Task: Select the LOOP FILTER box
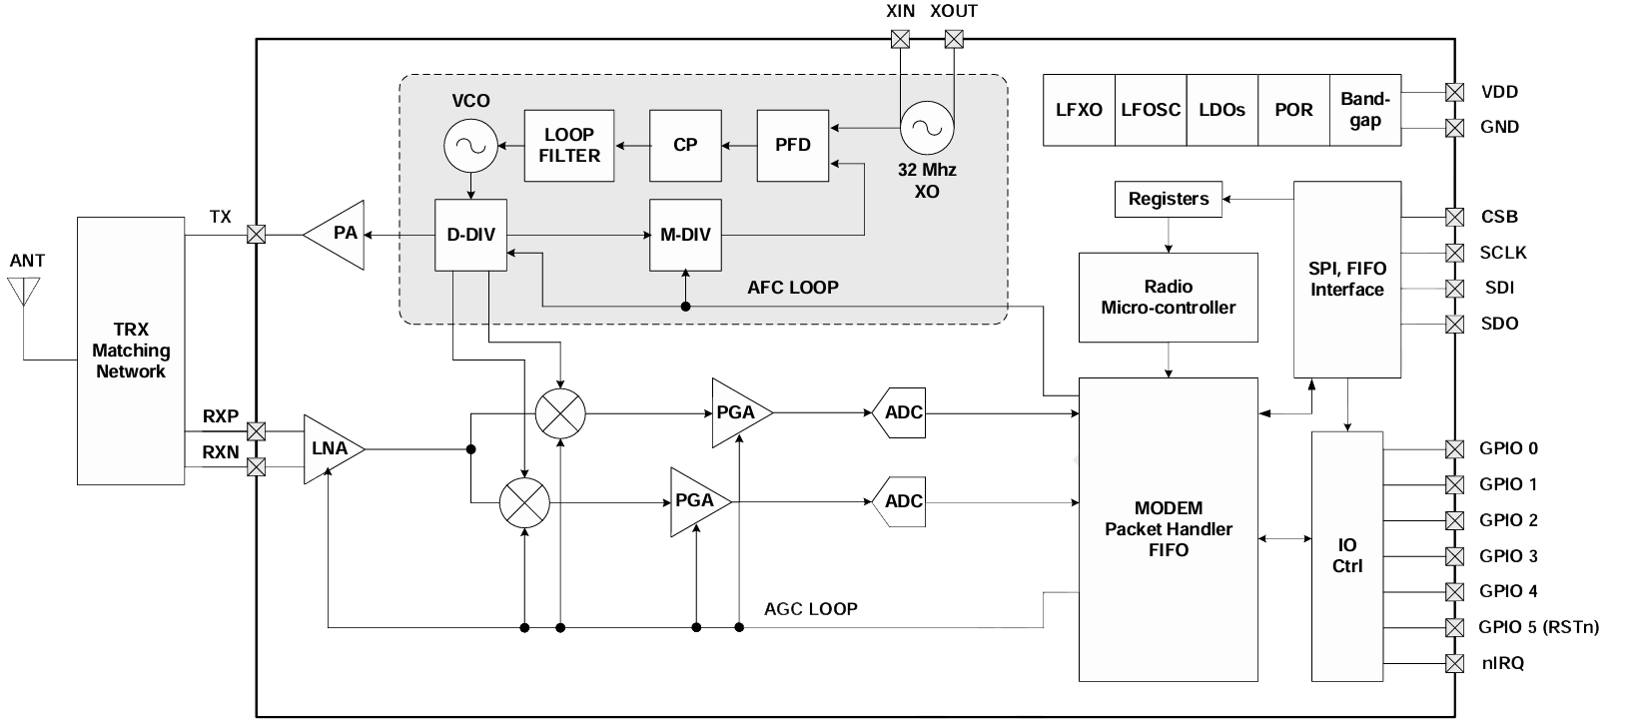pyautogui.click(x=569, y=146)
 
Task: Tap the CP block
pyautogui.click(x=685, y=146)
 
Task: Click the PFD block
pyautogui.click(x=793, y=146)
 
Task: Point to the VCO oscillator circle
pyautogui.click(x=469, y=146)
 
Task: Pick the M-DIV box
pyautogui.click(x=685, y=235)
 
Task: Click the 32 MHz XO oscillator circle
pyautogui.click(x=927, y=128)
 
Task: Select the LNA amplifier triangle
pyautogui.click(x=329, y=449)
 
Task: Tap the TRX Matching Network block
pyautogui.click(x=131, y=351)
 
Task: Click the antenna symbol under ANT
pyautogui.click(x=22, y=292)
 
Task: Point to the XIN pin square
pyautogui.click(x=900, y=39)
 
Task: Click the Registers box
pyautogui.click(x=1168, y=199)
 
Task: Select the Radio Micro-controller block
pyautogui.click(x=1168, y=298)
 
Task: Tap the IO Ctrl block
pyautogui.click(x=1347, y=555)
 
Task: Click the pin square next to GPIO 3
pyautogui.click(x=1455, y=556)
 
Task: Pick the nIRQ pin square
pyautogui.click(x=1455, y=663)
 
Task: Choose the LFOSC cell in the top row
pyautogui.click(x=1151, y=110)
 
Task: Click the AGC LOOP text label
pyautogui.click(x=810, y=608)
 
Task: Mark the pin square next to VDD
pyautogui.click(x=1455, y=92)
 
